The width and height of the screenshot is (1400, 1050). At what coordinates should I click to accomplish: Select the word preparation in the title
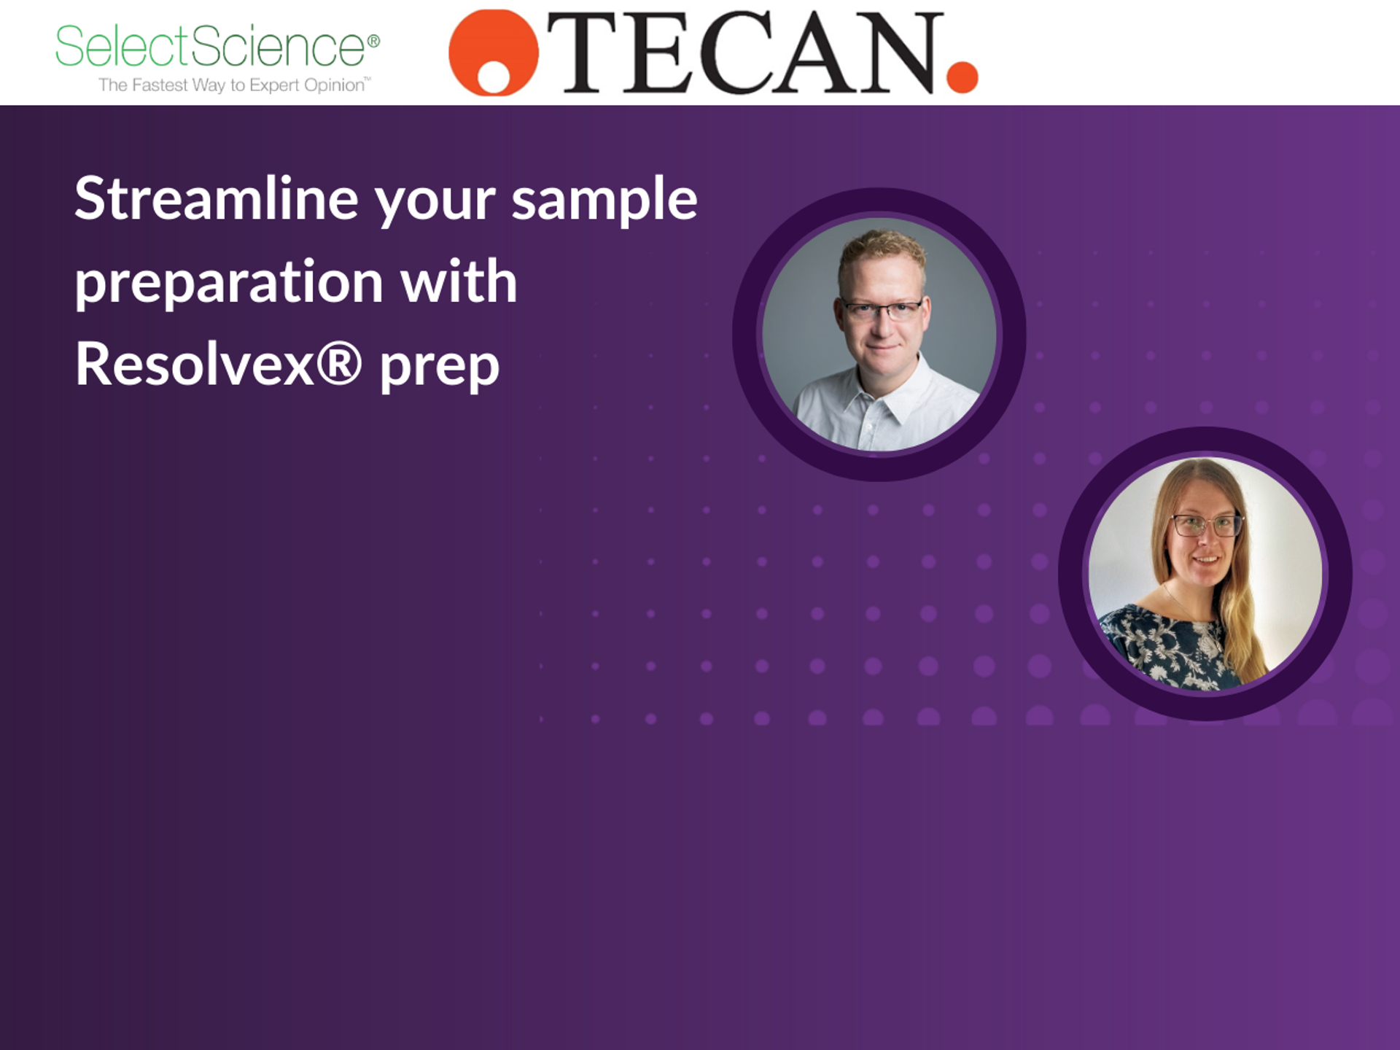click(x=229, y=283)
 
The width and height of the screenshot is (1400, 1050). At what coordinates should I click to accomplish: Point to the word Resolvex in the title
click(x=195, y=365)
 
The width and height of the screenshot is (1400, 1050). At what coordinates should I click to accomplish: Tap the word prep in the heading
click(x=440, y=367)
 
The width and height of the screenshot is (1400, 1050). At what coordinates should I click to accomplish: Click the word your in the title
click(x=435, y=202)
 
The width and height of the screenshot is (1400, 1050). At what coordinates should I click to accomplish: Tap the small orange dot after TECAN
click(x=962, y=77)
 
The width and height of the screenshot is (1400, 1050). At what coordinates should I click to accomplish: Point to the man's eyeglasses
click(x=882, y=310)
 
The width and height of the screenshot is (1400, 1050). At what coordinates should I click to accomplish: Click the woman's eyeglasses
click(x=1206, y=524)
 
